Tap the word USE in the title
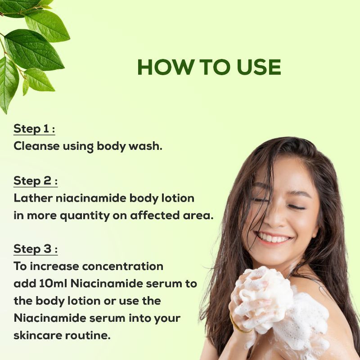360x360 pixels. point(259,67)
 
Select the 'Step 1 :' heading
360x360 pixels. point(34,129)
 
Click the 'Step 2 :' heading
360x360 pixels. point(36,181)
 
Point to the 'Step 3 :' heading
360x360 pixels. point(36,249)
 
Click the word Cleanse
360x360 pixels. point(36,146)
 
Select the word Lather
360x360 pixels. point(33,198)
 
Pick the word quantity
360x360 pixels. point(85,216)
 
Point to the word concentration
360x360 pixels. point(122,266)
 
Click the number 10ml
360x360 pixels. point(53,283)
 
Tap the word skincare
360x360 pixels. point(38,335)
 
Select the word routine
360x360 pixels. point(88,335)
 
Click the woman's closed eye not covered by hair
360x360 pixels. point(296,207)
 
